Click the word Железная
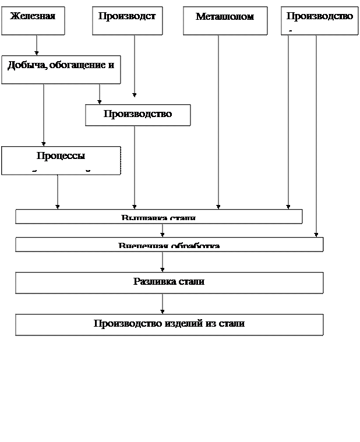pyautogui.click(x=33, y=16)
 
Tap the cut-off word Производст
pyautogui.click(x=127, y=16)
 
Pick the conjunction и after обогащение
pyautogui.click(x=111, y=65)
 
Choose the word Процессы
pyautogui.click(x=61, y=155)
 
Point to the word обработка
pyautogui.click(x=195, y=246)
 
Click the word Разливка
pyautogui.click(x=151, y=281)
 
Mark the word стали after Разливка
pyautogui.click(x=192, y=281)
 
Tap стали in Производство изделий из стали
pyautogui.click(x=231, y=323)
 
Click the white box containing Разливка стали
pyautogui.click(x=169, y=282)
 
